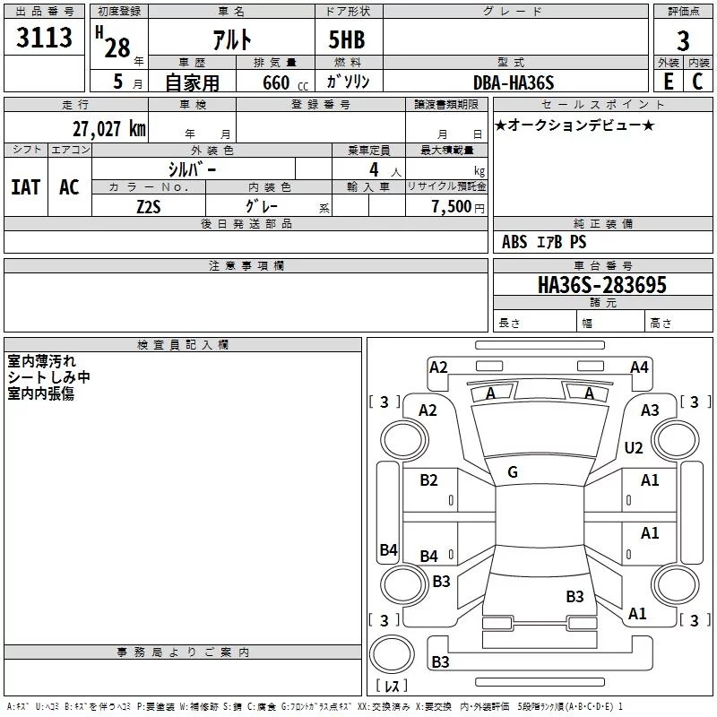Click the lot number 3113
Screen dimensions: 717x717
pyautogui.click(x=44, y=37)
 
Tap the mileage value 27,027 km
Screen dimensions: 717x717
pyautogui.click(x=108, y=129)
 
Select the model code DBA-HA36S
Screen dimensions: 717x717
pyautogui.click(x=514, y=82)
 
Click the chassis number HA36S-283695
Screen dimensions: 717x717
pyautogui.click(x=601, y=284)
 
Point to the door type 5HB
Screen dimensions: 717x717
pyautogui.click(x=347, y=39)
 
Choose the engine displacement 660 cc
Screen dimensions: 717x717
pyautogui.click(x=285, y=83)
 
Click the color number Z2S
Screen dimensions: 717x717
pyautogui.click(x=149, y=207)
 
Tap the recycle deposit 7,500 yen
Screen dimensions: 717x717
pyautogui.click(x=458, y=207)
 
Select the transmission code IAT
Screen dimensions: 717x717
pyautogui.click(x=26, y=186)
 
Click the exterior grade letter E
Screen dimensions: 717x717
pyautogui.click(x=669, y=82)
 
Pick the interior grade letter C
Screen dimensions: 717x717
pyautogui.click(x=697, y=82)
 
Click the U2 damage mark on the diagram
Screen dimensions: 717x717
pyautogui.click(x=634, y=447)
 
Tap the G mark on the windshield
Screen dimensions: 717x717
pyautogui.click(x=513, y=472)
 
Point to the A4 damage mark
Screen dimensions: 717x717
pyautogui.click(x=639, y=367)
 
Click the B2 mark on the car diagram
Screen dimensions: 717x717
pyautogui.click(x=428, y=479)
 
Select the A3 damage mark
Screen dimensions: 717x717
pyautogui.click(x=650, y=410)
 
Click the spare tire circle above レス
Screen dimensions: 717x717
pyautogui.click(x=392, y=654)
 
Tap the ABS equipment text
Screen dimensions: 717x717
pyautogui.click(x=514, y=241)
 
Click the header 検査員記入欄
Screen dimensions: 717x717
pyautogui.click(x=183, y=345)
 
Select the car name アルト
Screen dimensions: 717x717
pyautogui.click(x=232, y=39)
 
